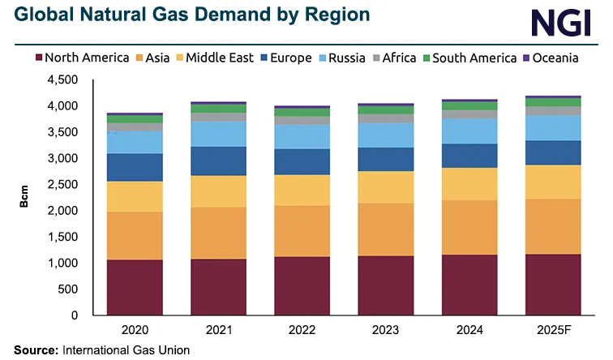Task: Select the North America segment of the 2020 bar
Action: [x=134, y=287]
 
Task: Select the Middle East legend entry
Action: [x=215, y=58]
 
